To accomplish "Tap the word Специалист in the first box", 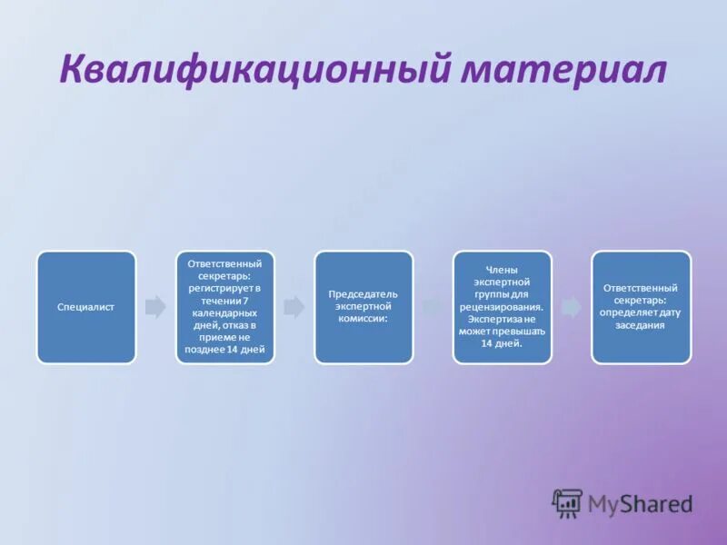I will tap(86, 307).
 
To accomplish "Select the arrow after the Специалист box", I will tap(155, 307).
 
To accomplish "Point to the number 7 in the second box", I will tap(245, 301).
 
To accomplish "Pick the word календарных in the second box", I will tap(225, 312).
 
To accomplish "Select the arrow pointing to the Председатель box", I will tap(294, 307).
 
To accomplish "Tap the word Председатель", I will tap(363, 294).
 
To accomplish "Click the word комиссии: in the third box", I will tap(363, 320).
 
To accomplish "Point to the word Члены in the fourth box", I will tap(503, 270).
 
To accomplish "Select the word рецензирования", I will tap(503, 307).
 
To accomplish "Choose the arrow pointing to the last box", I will tap(571, 307).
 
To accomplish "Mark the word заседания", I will tap(641, 325).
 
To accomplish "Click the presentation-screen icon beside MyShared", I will tap(567, 503).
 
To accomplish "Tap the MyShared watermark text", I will tap(640, 503).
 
